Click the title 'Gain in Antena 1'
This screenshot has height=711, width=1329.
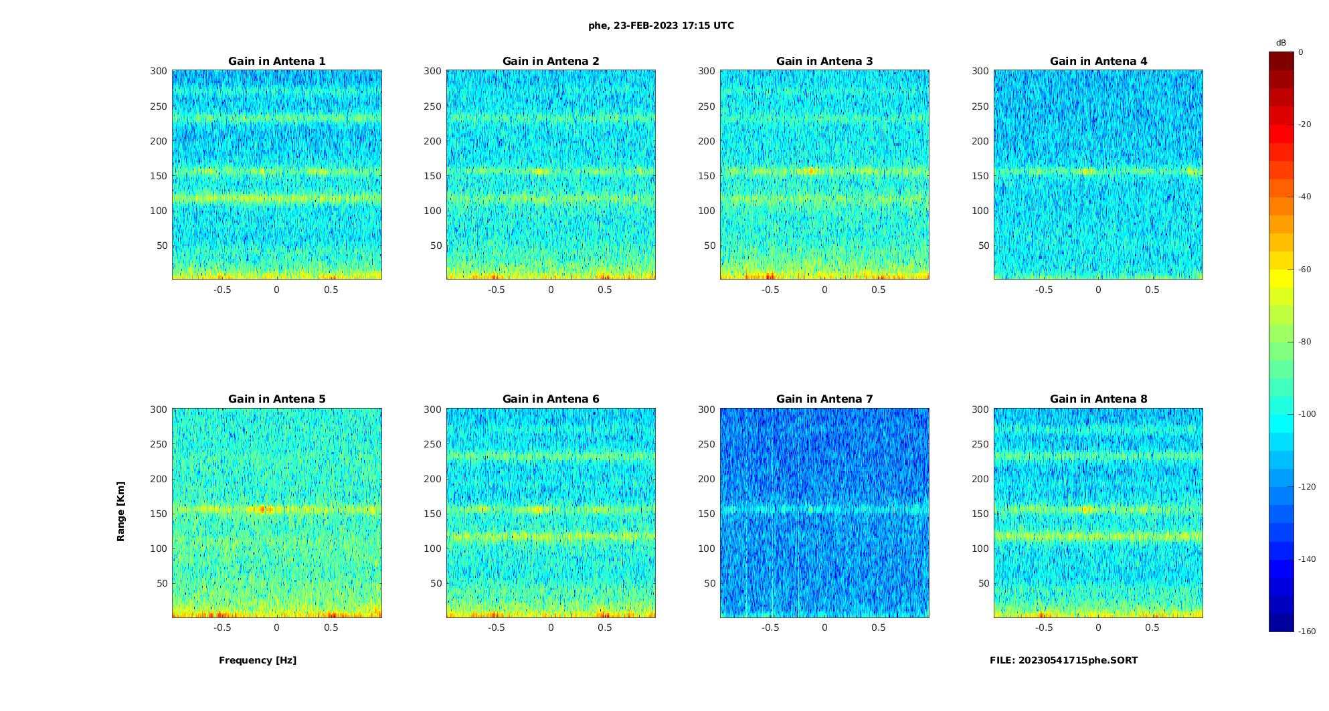point(276,61)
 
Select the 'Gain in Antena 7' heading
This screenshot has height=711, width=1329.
point(824,399)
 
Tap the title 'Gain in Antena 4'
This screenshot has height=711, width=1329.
point(1098,61)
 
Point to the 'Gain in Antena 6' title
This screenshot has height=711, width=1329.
point(551,399)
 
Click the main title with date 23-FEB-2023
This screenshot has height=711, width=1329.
point(661,25)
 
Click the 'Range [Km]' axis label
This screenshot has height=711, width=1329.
point(121,511)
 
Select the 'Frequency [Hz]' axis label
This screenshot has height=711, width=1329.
point(258,660)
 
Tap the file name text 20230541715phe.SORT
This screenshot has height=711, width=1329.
point(1063,660)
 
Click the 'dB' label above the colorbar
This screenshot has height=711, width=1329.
point(1281,43)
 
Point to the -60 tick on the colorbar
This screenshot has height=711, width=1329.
point(1304,270)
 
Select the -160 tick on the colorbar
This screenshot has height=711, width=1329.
point(1306,631)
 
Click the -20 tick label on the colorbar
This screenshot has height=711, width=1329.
point(1304,124)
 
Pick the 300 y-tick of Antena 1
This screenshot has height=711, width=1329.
point(159,71)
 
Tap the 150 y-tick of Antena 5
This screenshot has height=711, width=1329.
point(159,514)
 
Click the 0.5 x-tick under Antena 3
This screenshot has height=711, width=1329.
point(879,290)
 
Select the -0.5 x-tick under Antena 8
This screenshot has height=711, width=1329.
point(1044,627)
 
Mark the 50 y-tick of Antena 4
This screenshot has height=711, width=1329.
point(983,245)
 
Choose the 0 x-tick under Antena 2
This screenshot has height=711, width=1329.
point(551,290)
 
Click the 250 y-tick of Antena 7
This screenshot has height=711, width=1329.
point(707,444)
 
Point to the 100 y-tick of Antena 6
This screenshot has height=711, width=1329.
point(432,548)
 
